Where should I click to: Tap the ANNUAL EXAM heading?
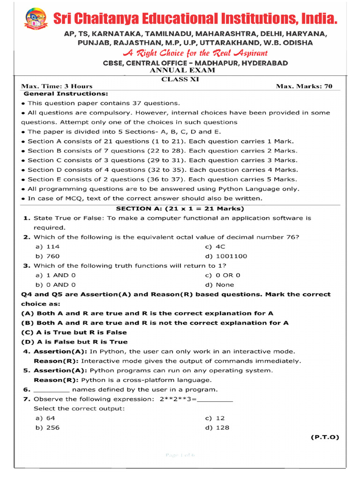click(182, 70)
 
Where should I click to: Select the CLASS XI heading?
click(180, 79)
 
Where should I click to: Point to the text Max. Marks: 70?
click(304, 86)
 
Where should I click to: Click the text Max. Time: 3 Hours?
click(57, 86)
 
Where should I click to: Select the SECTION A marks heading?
click(180, 209)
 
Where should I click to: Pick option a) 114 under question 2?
click(47, 247)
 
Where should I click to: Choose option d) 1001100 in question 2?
click(226, 256)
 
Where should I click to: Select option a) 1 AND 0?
click(55, 275)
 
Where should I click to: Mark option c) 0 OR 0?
click(223, 275)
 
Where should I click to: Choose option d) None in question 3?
click(219, 285)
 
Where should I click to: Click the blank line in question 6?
click(52, 390)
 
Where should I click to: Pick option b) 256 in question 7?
click(47, 427)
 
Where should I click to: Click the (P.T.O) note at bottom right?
click(324, 437)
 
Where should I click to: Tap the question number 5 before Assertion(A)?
click(27, 370)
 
